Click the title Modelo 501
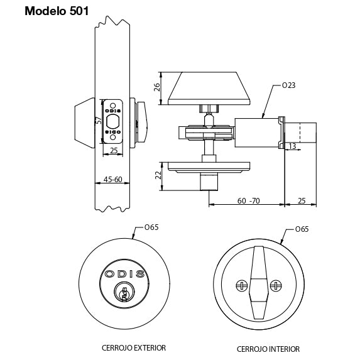[x=57, y=11]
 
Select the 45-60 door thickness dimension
[x=112, y=179]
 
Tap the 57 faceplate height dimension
[x=99, y=120]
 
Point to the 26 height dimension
[x=157, y=87]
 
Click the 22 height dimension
[x=158, y=175]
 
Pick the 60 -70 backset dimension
[x=248, y=201]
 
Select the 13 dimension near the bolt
[x=292, y=146]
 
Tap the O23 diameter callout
[x=288, y=85]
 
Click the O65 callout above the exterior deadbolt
[x=151, y=227]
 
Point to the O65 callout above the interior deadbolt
[x=302, y=229]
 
